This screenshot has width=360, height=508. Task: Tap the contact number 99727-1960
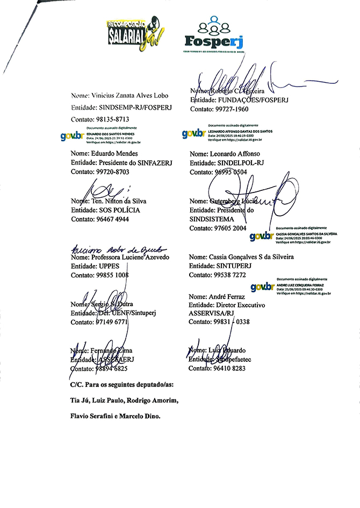229,109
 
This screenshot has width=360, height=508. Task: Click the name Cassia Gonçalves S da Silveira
241,257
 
